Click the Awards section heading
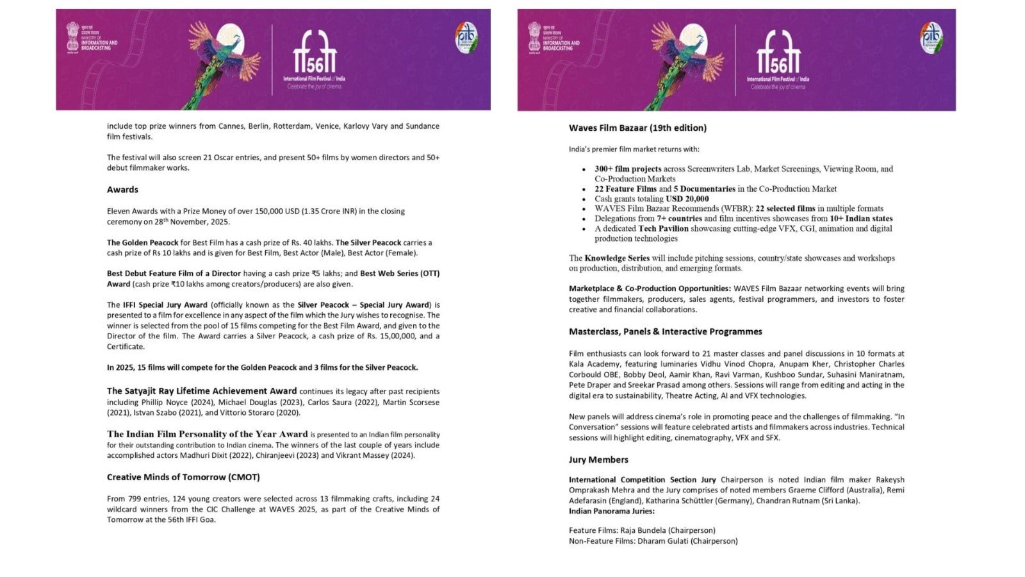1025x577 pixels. coord(122,190)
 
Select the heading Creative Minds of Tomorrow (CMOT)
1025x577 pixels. coord(183,477)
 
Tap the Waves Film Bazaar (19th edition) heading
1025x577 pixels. coord(637,128)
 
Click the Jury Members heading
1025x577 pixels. coord(598,460)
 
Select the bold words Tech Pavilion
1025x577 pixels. coord(663,228)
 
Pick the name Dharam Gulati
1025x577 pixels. coord(662,541)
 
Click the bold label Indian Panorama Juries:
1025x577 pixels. coord(612,511)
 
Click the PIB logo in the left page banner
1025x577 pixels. coord(466,38)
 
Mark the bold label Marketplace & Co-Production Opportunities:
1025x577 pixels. coord(650,288)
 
